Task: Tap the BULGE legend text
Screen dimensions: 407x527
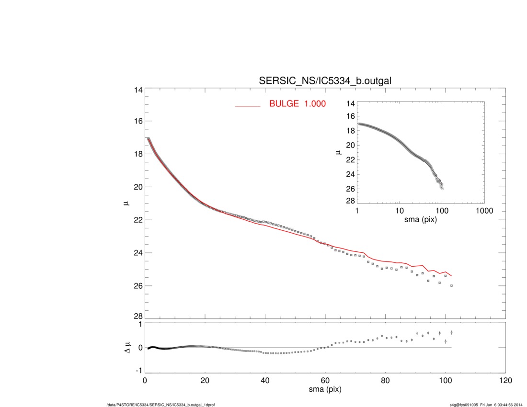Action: (x=286, y=103)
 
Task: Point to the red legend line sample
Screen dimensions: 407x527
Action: (x=247, y=106)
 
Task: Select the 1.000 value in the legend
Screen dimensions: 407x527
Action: (x=316, y=103)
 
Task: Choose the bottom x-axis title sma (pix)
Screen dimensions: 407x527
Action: (x=325, y=390)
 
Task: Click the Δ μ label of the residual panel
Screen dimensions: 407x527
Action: (x=126, y=347)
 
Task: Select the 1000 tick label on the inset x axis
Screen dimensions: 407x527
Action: (x=484, y=211)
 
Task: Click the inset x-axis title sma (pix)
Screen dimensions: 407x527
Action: (x=420, y=220)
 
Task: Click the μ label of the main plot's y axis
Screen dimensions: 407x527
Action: (x=126, y=204)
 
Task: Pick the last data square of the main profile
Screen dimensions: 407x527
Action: (x=451, y=285)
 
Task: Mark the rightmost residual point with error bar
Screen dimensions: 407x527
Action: (x=451, y=332)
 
